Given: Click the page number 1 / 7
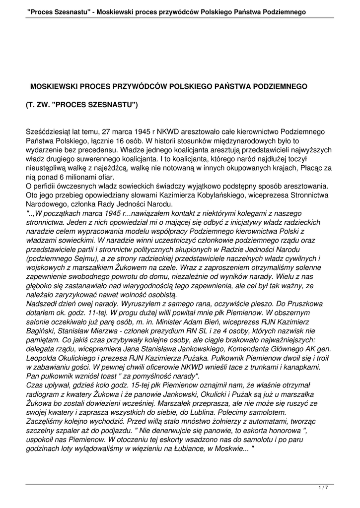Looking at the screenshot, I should tap(323, 488).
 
